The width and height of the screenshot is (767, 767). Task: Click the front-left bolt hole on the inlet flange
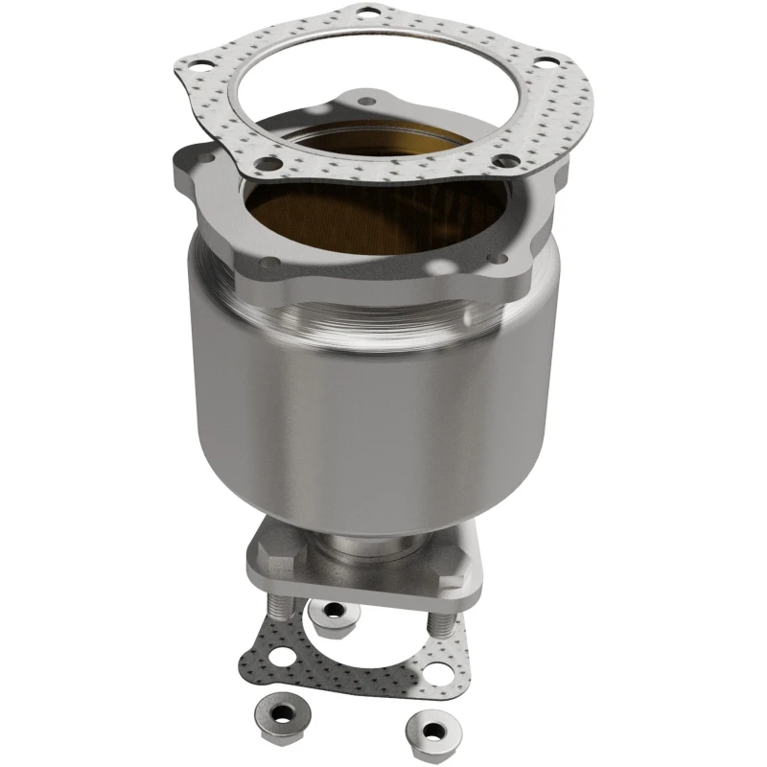pos(272,261)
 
